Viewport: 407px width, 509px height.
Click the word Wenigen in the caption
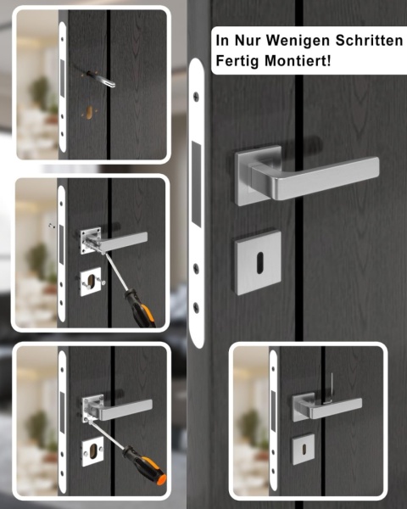[x=298, y=41]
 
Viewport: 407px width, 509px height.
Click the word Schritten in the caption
[x=369, y=40]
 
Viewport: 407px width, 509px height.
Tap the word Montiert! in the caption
[x=298, y=61]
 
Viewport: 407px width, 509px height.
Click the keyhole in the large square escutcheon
[x=260, y=263]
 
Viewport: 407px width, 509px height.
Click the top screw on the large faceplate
[x=196, y=97]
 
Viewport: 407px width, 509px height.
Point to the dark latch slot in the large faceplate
[x=196, y=183]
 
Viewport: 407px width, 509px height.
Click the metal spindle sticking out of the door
[x=101, y=79]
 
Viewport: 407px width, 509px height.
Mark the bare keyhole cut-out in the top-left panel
[x=90, y=112]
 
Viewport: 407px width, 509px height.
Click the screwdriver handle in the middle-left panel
[x=140, y=309]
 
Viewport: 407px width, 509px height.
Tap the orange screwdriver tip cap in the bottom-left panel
[x=161, y=478]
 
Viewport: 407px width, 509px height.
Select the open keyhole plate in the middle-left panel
[x=91, y=282]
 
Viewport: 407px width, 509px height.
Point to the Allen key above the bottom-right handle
[x=330, y=389]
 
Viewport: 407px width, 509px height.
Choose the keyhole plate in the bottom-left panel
[x=92, y=451]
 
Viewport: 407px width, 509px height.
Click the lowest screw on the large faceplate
[x=196, y=307]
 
